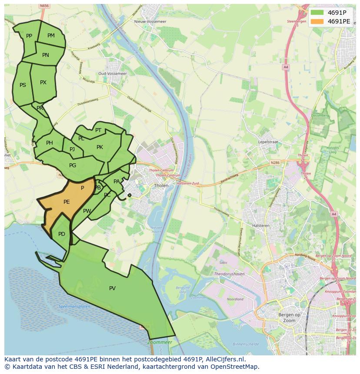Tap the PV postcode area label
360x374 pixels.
112,288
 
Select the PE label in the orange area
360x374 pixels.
67,202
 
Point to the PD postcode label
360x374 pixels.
62,234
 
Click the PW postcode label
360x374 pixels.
87,211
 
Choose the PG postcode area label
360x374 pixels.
73,165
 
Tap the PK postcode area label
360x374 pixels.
100,147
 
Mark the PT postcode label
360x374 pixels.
98,130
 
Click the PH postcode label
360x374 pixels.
50,143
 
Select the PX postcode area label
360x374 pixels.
43,83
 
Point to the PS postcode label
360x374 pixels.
23,85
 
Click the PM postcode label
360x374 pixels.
51,36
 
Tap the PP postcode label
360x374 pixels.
29,36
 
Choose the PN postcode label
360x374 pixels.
46,55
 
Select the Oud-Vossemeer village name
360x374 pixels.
113,74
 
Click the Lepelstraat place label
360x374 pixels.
268,142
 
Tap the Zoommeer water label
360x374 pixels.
160,342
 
